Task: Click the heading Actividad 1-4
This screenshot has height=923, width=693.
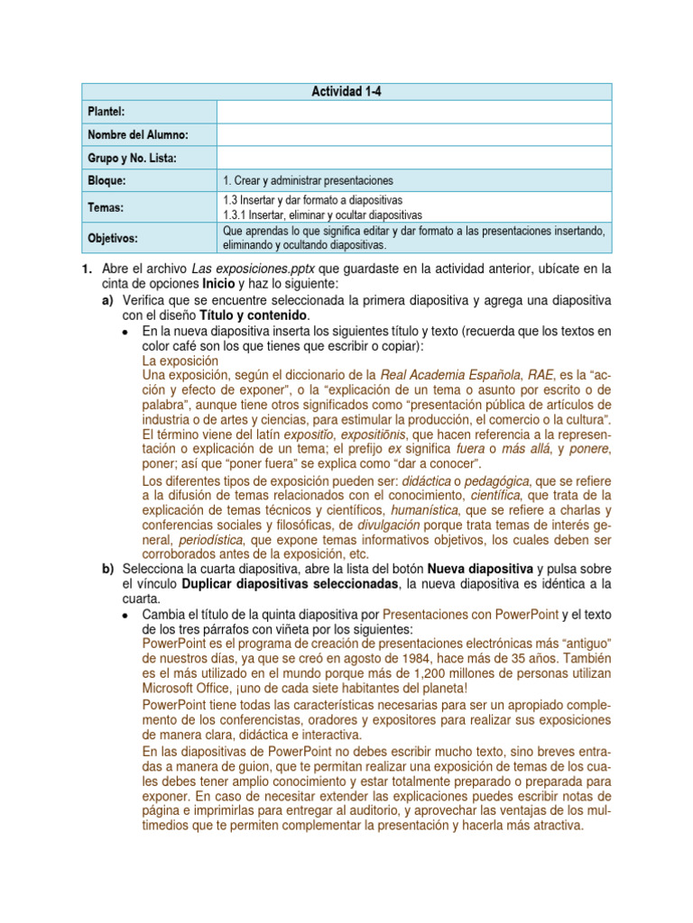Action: (346, 91)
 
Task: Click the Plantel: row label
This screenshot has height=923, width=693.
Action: (106, 111)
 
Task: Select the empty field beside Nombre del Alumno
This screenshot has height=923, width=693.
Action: (413, 134)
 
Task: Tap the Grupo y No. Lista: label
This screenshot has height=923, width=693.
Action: (132, 159)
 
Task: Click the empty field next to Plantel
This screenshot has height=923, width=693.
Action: (413, 111)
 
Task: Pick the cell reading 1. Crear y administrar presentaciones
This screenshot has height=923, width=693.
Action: (307, 180)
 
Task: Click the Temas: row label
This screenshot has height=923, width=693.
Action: (105, 207)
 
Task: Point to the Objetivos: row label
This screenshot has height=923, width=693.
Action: (114, 238)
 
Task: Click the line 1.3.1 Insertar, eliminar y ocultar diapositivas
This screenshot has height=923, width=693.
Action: (322, 215)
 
